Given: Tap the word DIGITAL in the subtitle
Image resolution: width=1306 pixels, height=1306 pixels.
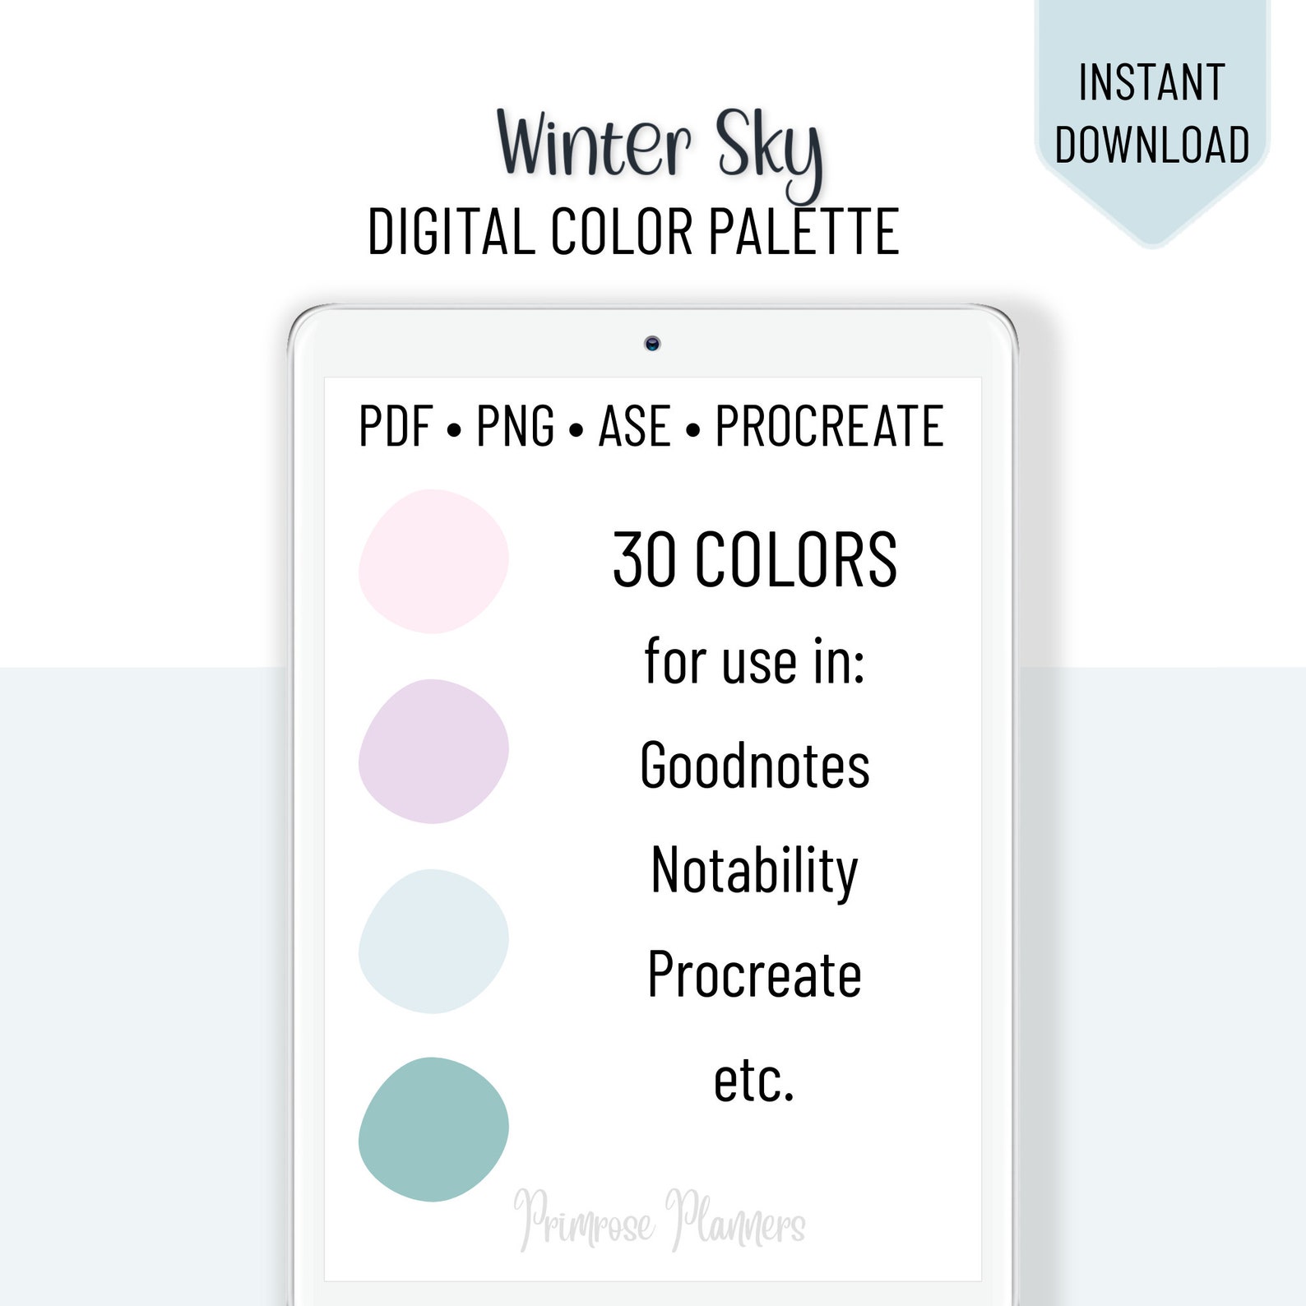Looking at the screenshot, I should pyautogui.click(x=451, y=232).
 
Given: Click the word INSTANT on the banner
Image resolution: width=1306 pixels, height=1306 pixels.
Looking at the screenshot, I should pyautogui.click(x=1151, y=82).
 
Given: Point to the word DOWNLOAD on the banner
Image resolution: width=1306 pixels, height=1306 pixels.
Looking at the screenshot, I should pyautogui.click(x=1151, y=145).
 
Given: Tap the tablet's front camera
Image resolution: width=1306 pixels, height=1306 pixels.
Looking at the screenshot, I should pyautogui.click(x=652, y=344).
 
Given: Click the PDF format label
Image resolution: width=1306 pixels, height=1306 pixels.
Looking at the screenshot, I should pyautogui.click(x=396, y=426).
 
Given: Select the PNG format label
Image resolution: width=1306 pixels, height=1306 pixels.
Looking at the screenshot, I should pyautogui.click(x=515, y=426).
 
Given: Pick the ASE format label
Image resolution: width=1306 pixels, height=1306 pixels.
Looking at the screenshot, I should pyautogui.click(x=633, y=426).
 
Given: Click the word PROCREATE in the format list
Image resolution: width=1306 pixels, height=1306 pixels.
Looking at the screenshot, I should pyautogui.click(x=829, y=426).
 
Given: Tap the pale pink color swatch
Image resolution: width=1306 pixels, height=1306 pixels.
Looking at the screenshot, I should pyautogui.click(x=433, y=561).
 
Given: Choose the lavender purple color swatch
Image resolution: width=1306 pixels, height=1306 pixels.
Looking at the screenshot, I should pyautogui.click(x=433, y=751).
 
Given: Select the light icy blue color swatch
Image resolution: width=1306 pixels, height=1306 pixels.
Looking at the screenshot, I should pyautogui.click(x=433, y=941).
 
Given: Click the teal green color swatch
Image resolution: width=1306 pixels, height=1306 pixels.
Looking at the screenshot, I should pyautogui.click(x=433, y=1129).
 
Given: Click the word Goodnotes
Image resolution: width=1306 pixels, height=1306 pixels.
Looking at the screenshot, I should pyautogui.click(x=754, y=766).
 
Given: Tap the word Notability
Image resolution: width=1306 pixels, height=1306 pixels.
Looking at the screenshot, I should pyautogui.click(x=754, y=870).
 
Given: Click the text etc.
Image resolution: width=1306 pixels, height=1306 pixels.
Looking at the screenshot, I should pyautogui.click(x=754, y=1080).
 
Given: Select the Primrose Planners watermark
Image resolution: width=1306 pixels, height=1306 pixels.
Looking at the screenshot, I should pyautogui.click(x=660, y=1220).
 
